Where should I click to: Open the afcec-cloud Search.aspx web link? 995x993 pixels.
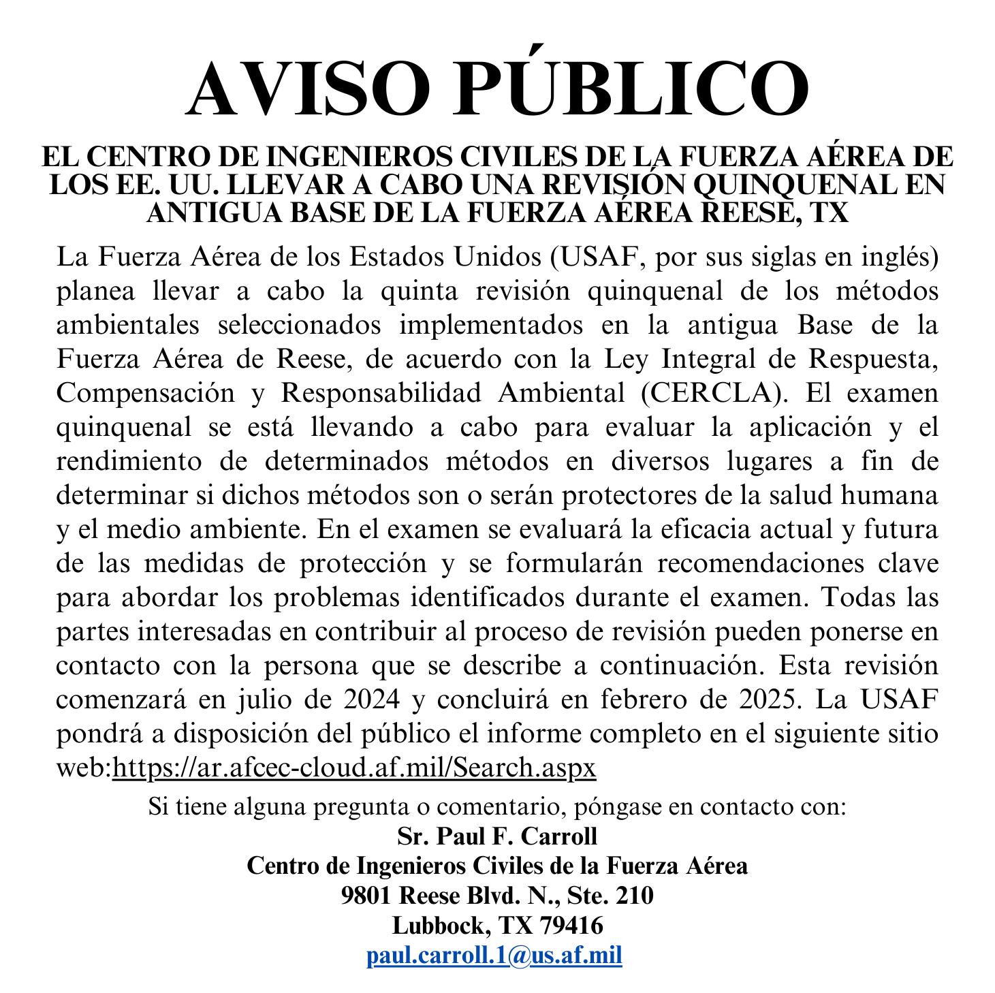[x=354, y=768]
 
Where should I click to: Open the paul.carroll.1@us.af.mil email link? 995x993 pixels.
[x=494, y=956]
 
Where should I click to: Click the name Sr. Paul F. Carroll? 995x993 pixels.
[x=497, y=836]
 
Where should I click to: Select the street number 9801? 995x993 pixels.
[x=367, y=896]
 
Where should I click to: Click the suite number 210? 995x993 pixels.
[x=635, y=896]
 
